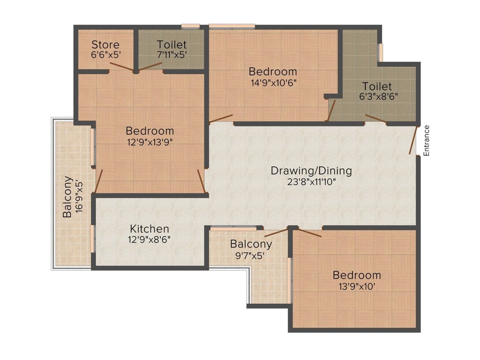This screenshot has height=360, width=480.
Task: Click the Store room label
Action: point(105,45)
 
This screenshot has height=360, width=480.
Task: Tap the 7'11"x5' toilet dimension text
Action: point(172,54)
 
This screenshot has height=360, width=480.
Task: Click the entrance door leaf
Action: point(413,140)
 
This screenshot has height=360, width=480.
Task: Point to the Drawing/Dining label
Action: point(311,171)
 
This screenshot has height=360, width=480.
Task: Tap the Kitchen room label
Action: point(150,229)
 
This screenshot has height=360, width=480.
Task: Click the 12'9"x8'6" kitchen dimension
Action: point(150,240)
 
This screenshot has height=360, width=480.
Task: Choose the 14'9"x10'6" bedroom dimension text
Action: point(273,82)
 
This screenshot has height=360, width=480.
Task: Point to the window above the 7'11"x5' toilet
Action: point(190,26)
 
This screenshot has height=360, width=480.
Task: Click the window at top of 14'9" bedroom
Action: point(232,26)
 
